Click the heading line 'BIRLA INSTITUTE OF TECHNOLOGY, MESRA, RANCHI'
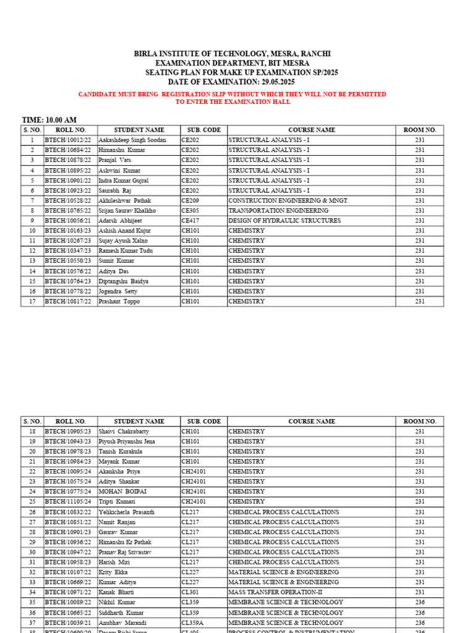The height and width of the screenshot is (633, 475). [237, 54]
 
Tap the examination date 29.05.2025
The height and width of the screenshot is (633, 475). [278, 82]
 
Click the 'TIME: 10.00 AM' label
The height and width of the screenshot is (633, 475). [49, 120]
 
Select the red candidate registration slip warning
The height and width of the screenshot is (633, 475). [232, 98]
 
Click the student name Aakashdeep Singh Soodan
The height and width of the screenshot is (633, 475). [132, 140]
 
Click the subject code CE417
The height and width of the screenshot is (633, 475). [190, 221]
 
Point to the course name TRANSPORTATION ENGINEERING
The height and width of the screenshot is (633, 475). [278, 211]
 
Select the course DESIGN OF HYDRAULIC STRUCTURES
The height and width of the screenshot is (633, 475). [285, 221]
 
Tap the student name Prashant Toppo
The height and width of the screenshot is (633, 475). [119, 302]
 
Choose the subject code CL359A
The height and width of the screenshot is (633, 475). [192, 622]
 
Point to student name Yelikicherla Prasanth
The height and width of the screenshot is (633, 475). [127, 512]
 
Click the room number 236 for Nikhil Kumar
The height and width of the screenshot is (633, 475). [420, 602]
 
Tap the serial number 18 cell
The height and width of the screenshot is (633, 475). [32, 431]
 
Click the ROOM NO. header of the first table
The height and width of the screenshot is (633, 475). [420, 130]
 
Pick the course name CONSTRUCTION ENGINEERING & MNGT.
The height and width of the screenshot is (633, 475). [288, 201]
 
